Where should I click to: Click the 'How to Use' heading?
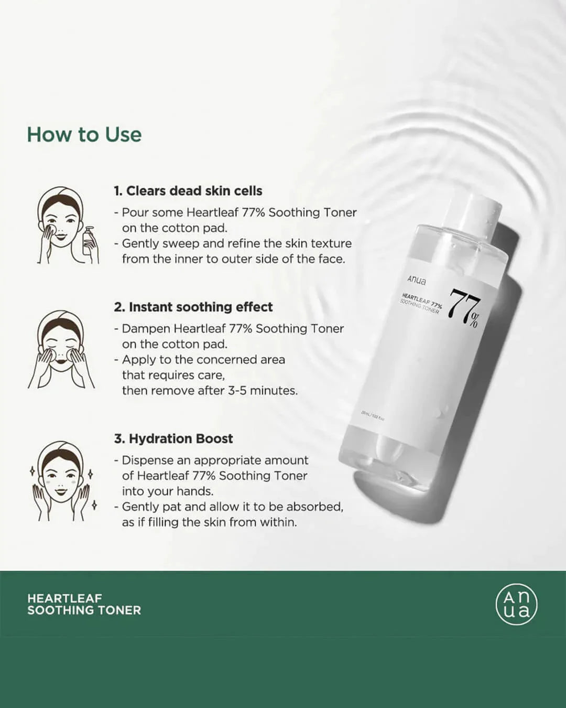(84, 135)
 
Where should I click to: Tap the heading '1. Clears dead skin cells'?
(188, 191)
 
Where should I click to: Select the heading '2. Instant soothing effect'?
(193, 307)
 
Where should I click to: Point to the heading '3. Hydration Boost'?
(173, 438)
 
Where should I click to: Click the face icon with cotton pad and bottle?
(66, 226)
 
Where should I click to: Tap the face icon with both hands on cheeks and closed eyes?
(62, 349)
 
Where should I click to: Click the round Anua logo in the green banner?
(516, 604)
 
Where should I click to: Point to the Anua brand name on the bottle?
(417, 280)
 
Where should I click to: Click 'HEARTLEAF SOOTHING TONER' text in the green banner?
(84, 604)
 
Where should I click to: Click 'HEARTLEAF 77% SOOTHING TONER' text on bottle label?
(421, 304)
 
